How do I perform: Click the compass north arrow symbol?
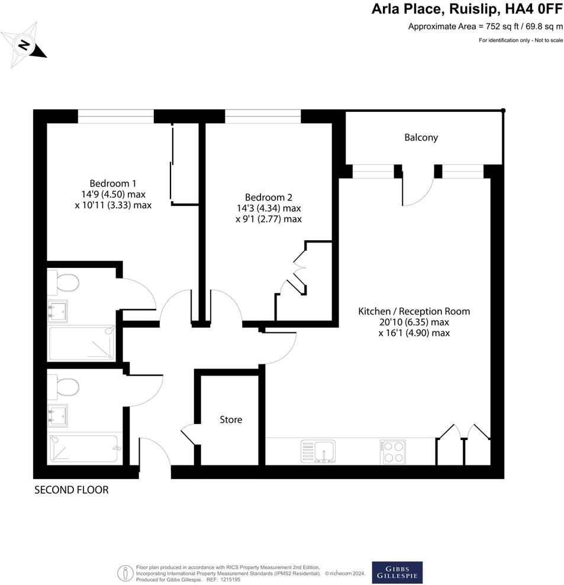point(25,43)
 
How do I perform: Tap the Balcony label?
point(421,137)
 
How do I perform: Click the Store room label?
point(231,419)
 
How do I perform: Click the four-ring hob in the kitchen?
point(392,452)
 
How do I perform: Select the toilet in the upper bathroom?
point(65,283)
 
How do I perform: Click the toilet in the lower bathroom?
point(65,387)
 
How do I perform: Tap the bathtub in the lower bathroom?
point(83,448)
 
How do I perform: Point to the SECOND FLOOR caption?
point(72,490)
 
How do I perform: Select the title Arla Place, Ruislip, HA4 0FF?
point(467,9)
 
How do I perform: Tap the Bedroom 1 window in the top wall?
point(116,116)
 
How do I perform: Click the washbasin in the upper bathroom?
point(59,310)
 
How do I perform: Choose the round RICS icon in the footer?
point(125,572)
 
